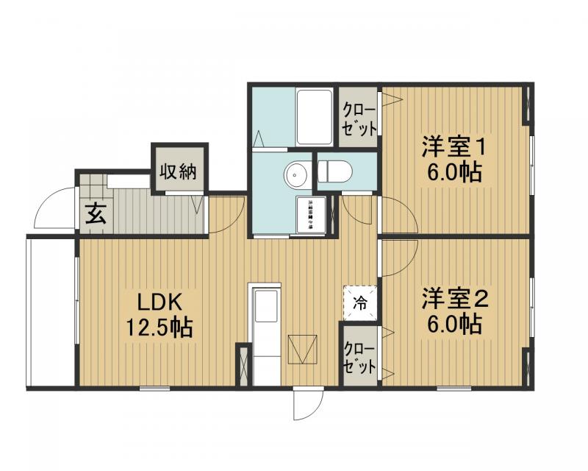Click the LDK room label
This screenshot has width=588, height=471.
tap(157, 302)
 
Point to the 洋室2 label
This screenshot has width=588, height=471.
tap(454, 299)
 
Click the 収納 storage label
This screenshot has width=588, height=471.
tap(179, 172)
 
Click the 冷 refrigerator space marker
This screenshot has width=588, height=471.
tap(360, 302)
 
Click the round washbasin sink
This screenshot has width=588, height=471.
tap(295, 175)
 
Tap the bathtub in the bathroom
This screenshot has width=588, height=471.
tap(315, 118)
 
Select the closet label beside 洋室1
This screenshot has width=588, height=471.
tap(359, 118)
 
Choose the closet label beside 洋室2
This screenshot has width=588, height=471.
tap(359, 355)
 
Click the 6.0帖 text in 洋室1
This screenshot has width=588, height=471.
tap(451, 172)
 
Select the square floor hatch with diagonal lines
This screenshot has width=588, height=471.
tap(303, 350)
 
